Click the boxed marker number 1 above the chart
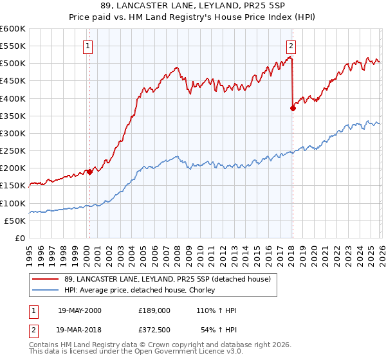[87, 46]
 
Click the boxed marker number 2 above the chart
[291, 46]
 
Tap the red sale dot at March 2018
[293, 108]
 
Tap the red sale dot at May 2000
[89, 172]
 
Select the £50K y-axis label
[15, 221]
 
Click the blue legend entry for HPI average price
[138, 290]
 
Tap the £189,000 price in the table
[154, 310]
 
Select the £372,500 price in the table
[154, 328]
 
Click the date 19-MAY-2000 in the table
[80, 310]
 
